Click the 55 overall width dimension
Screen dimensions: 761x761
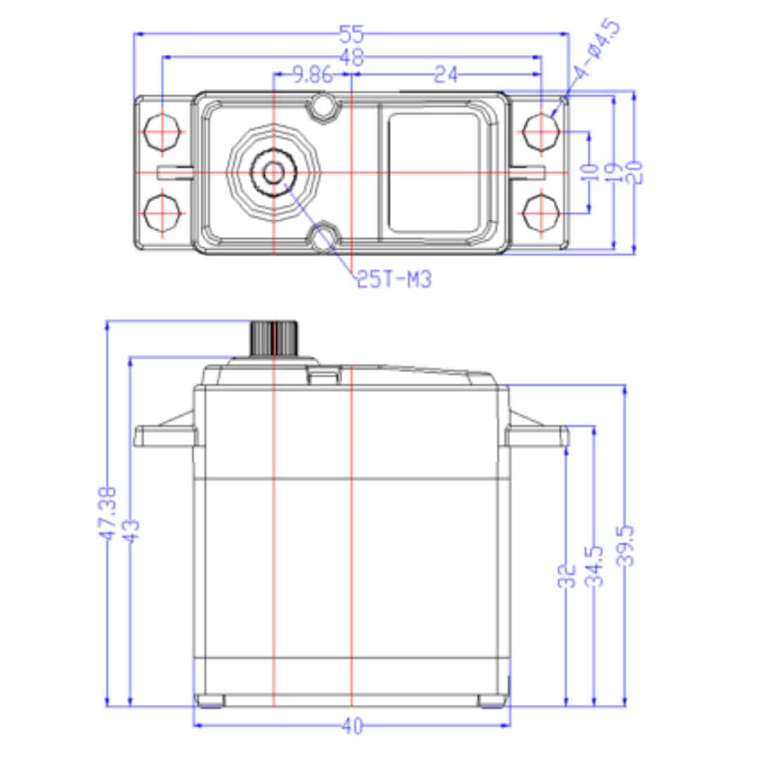pos(351,34)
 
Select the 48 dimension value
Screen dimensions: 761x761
pos(351,58)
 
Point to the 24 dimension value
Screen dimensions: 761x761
pos(445,75)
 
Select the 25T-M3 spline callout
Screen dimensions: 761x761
pos(393,280)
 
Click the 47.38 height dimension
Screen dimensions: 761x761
pos(107,513)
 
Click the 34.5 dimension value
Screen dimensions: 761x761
pos(596,566)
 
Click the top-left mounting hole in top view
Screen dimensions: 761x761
pos(163,132)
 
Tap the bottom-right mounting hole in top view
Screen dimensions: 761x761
pos(542,213)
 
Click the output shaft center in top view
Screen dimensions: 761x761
pos(273,171)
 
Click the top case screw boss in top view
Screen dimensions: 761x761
pos(324,106)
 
